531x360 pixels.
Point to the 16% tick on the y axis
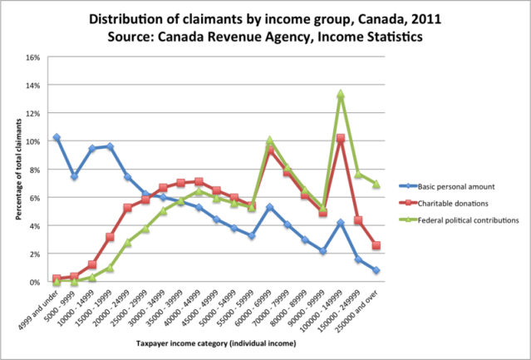[x=32, y=58]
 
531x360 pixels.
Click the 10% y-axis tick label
[x=32, y=142]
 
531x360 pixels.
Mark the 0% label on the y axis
[x=35, y=283]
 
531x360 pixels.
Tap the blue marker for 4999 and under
[x=57, y=137]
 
